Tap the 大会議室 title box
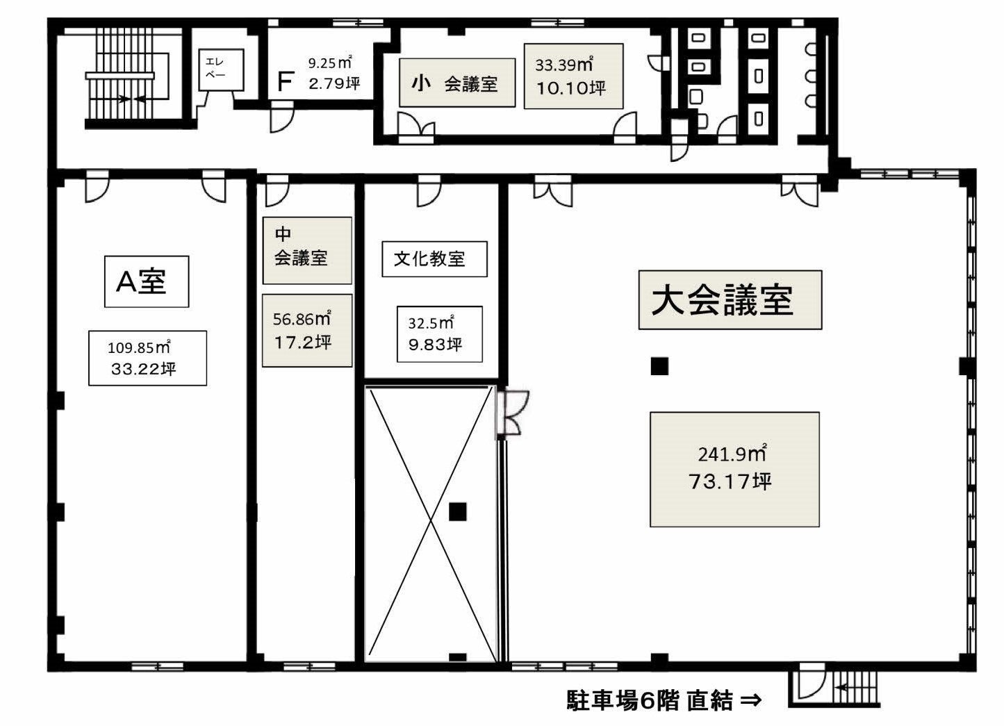pyautogui.click(x=730, y=300)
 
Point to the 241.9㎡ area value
pyautogui.click(x=732, y=454)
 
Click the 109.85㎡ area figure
pyautogui.click(x=139, y=347)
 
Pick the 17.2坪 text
pyautogui.click(x=303, y=343)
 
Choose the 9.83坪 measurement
pyautogui.click(x=435, y=344)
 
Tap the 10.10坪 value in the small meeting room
pyautogui.click(x=571, y=88)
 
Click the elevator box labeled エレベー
pyautogui.click(x=221, y=70)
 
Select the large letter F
pyautogui.click(x=286, y=81)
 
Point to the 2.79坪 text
pyautogui.click(x=334, y=83)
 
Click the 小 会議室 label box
pyautogui.click(x=457, y=83)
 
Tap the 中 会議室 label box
pyautogui.click(x=307, y=251)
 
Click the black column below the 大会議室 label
pyautogui.click(x=660, y=366)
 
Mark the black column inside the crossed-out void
pyautogui.click(x=458, y=512)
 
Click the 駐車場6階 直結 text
pyautogui.click(x=650, y=700)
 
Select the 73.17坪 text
pyautogui.click(x=730, y=481)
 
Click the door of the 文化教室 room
pyautogui.click(x=429, y=190)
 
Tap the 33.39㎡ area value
pyautogui.click(x=565, y=64)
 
